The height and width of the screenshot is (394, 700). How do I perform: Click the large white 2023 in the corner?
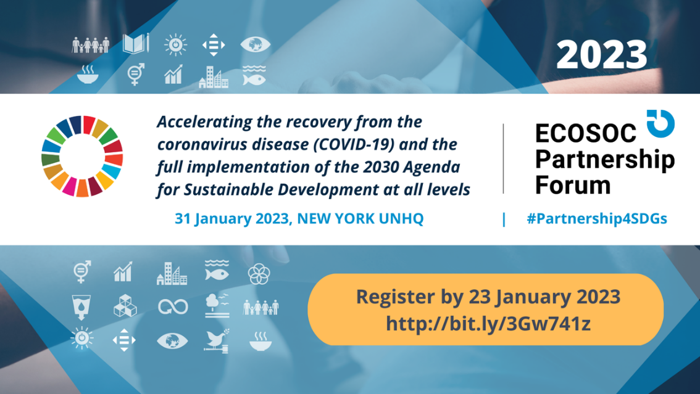(x=601, y=55)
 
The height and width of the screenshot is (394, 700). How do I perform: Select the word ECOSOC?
(x=585, y=133)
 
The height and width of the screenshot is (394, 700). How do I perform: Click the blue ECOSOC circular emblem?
(x=660, y=123)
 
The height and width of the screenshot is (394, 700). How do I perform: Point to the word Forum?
(x=573, y=184)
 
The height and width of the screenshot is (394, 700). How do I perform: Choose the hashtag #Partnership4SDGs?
(x=597, y=218)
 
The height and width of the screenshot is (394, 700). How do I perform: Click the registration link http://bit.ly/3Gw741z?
(x=488, y=324)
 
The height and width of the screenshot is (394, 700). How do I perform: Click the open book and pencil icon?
(x=136, y=44)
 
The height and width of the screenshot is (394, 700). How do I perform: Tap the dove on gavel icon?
(x=217, y=341)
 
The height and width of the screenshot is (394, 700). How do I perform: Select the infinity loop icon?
(x=173, y=306)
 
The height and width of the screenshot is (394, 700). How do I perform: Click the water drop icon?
(x=81, y=307)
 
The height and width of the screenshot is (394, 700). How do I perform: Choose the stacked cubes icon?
(x=125, y=306)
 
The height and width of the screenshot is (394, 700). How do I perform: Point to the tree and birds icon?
(x=217, y=305)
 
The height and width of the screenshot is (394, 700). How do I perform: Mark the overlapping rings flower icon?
(x=259, y=273)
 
